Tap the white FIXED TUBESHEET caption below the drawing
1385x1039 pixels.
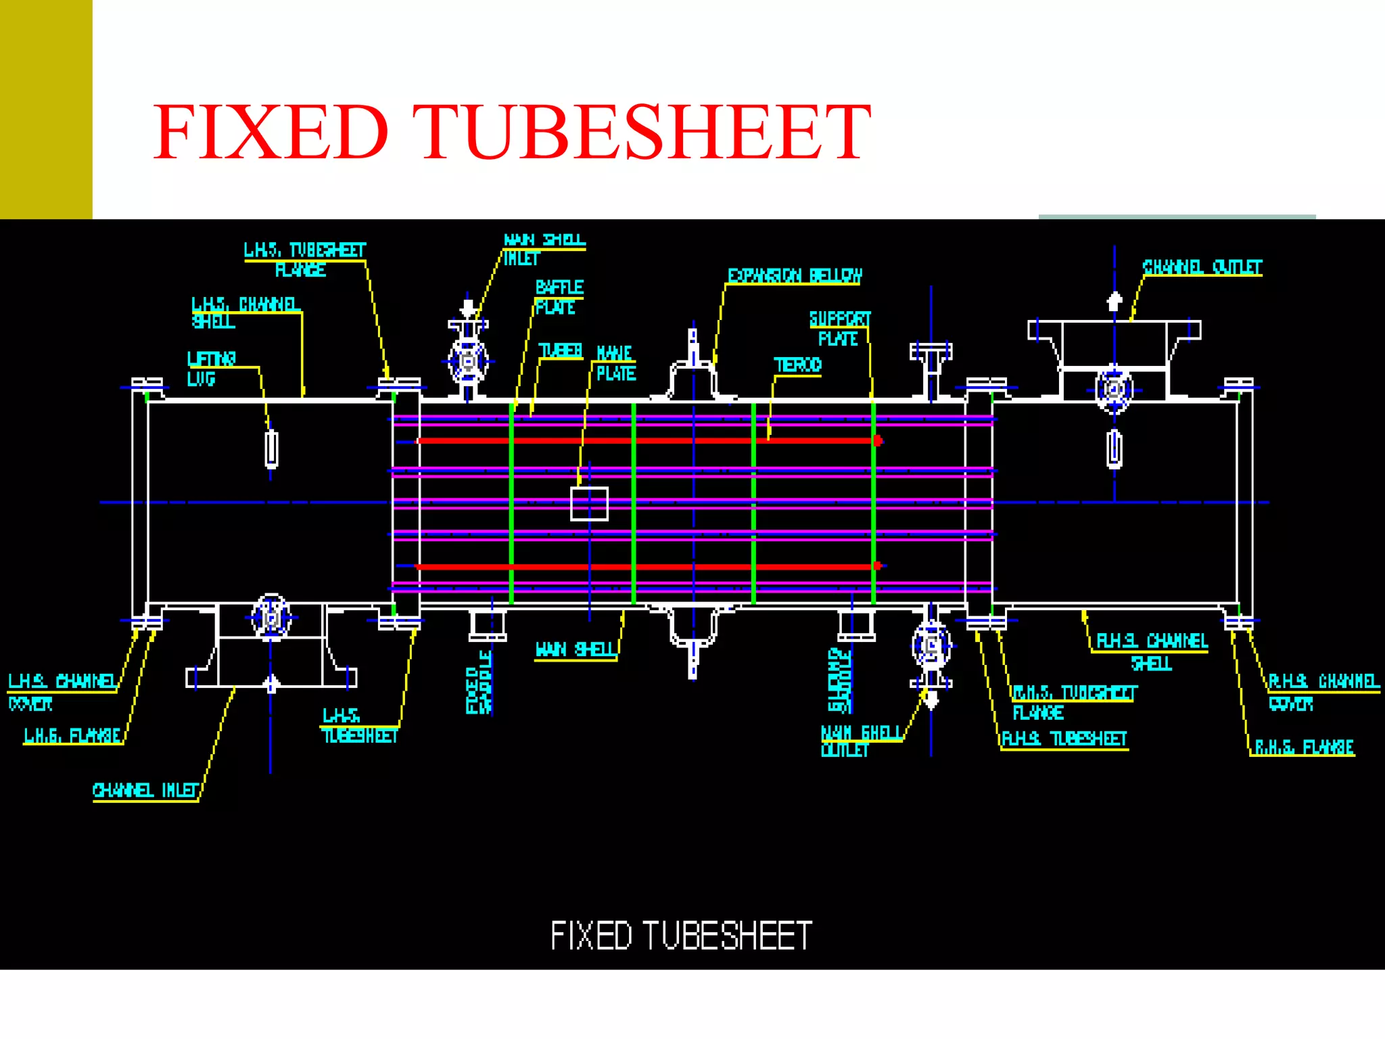tap(681, 936)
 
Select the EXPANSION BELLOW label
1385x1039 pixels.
tap(795, 275)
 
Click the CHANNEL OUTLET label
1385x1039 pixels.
tap(1202, 267)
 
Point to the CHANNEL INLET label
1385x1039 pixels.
tap(146, 790)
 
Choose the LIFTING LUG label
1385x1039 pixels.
tap(212, 368)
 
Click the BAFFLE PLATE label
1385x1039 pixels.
tap(559, 297)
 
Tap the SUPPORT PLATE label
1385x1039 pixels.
tap(840, 328)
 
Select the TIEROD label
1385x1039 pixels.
tap(797, 365)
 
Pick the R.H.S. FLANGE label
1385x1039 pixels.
tap(1304, 747)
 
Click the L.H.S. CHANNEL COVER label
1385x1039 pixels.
tap(62, 691)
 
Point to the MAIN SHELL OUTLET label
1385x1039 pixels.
tap(860, 741)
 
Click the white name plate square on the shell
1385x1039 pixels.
tap(589, 504)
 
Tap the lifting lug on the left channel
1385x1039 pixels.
tap(271, 448)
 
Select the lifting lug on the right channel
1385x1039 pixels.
tap(1114, 448)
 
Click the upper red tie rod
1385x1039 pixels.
tap(642, 440)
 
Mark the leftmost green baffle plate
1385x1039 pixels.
tap(511, 504)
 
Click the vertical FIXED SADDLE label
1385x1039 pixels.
tap(478, 682)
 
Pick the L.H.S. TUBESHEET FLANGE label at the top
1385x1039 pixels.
tap(304, 259)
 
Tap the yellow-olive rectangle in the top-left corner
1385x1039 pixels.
tap(46, 109)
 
